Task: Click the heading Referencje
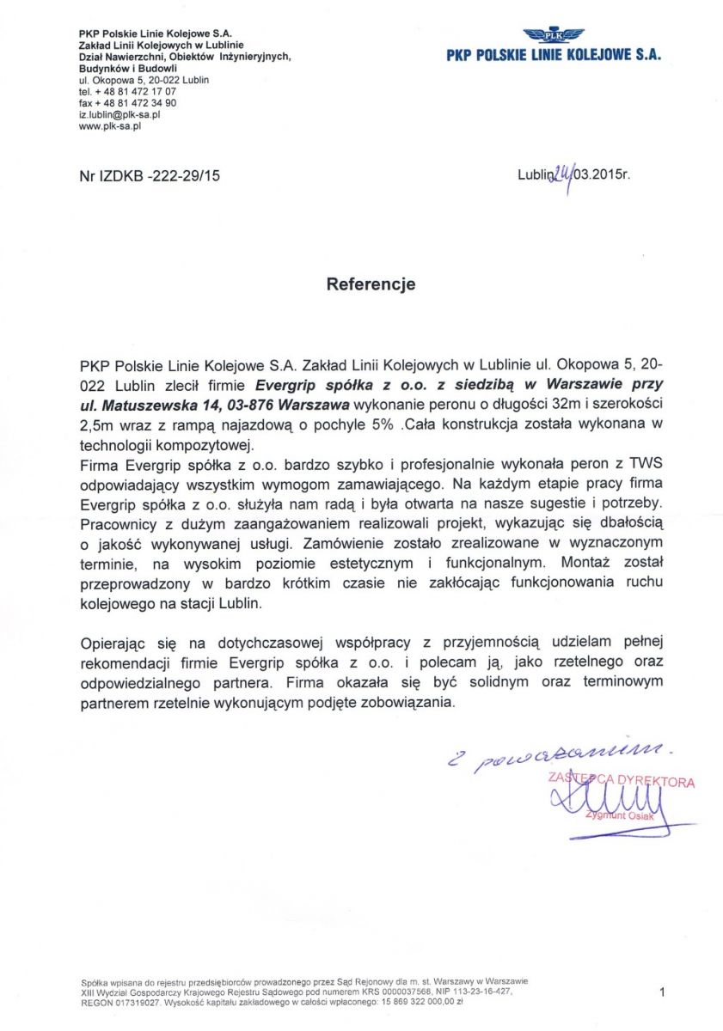click(x=371, y=284)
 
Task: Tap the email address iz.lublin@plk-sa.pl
click(x=120, y=113)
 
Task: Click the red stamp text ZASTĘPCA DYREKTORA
click(x=621, y=782)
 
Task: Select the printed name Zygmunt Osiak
click(x=619, y=815)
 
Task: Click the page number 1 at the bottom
click(x=662, y=992)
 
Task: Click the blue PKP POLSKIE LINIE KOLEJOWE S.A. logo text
click(x=554, y=54)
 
